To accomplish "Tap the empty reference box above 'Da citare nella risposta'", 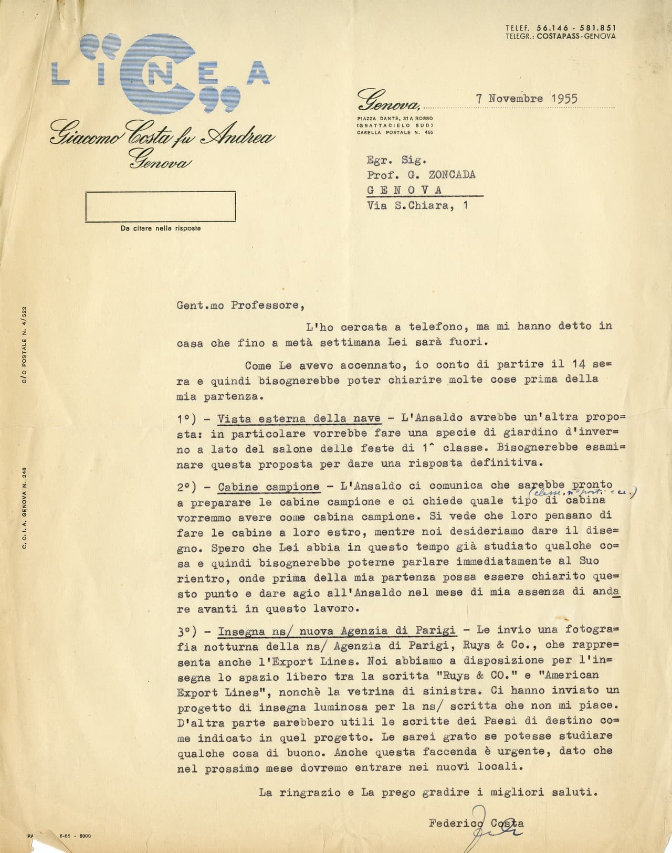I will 161,206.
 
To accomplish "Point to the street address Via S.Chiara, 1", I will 418,206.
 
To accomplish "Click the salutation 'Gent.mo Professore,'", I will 238,306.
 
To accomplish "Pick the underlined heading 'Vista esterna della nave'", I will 299,418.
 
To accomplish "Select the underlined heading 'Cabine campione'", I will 268,487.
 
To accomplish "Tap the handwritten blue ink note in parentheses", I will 583,493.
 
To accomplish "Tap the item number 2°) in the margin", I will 186,487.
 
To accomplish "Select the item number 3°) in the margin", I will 186,630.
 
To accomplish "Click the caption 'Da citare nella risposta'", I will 161,228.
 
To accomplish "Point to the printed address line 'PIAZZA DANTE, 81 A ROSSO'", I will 395,119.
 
